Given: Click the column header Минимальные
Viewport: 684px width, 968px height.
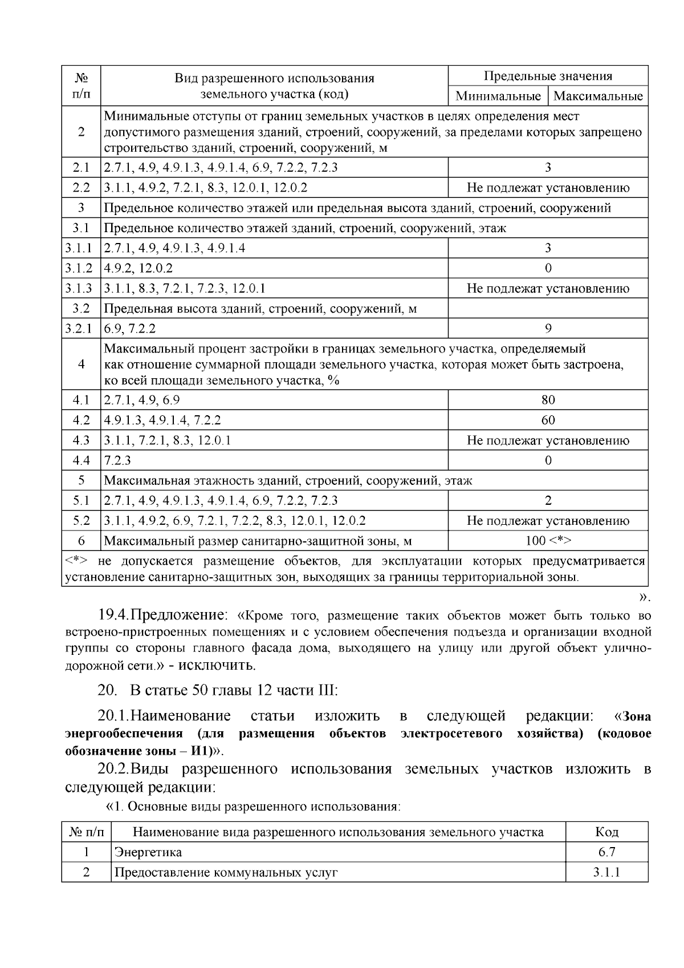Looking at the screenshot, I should (x=498, y=96).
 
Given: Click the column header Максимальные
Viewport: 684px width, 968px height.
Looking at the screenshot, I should (x=598, y=96).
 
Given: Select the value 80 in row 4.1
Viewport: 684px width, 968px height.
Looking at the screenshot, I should (x=548, y=400).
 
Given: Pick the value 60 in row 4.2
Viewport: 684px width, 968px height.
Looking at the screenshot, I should (x=548, y=420).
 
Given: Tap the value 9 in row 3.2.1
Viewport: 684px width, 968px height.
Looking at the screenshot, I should (x=548, y=329).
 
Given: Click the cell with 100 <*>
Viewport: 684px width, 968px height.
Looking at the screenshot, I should (x=548, y=541).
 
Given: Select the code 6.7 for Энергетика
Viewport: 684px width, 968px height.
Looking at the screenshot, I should (x=606, y=852).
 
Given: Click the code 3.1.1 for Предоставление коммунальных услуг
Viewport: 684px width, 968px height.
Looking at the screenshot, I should (x=606, y=872).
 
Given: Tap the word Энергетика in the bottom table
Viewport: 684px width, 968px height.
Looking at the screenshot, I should (x=148, y=852).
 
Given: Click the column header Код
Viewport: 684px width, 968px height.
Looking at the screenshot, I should (x=606, y=832).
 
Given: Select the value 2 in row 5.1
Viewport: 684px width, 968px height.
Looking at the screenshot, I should (x=548, y=501).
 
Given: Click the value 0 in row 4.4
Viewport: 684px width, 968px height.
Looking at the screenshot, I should (x=548, y=461).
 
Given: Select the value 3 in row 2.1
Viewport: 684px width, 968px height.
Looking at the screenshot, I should (x=548, y=168).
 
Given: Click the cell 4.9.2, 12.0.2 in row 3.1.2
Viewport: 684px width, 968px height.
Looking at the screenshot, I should (x=139, y=268).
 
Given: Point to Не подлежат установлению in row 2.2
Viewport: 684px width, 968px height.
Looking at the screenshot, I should (x=548, y=188).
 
